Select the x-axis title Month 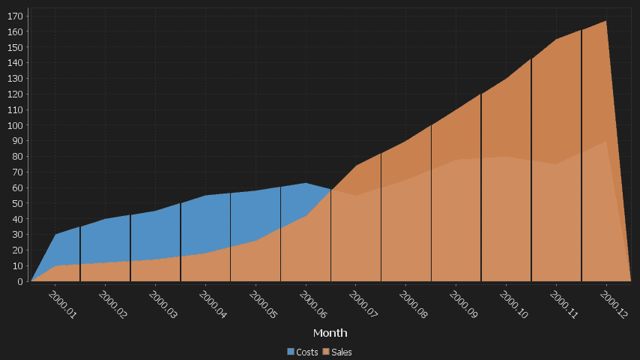click(330, 332)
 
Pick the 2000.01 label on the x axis click(62, 304)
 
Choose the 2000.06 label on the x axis click(313, 304)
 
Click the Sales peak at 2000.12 click(606, 21)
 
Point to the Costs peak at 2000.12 click(606, 142)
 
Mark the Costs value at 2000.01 click(55, 235)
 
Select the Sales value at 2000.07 click(355, 166)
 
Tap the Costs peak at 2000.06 click(305, 183)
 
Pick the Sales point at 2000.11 click(556, 40)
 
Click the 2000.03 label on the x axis click(163, 304)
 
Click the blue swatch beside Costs click(291, 352)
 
